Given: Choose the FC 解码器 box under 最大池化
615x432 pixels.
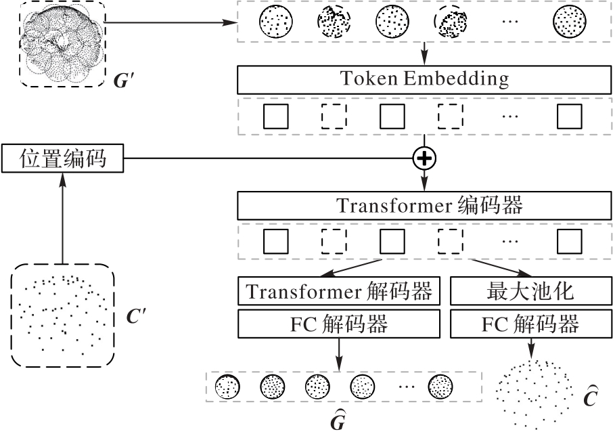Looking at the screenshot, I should [530, 324].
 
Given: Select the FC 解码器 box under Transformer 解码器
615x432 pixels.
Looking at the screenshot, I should [339, 324].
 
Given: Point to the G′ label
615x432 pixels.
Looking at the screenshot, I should [126, 81].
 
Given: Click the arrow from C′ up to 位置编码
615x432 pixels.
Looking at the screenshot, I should [62, 217].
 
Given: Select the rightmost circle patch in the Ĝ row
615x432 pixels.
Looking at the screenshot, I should [441, 387].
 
